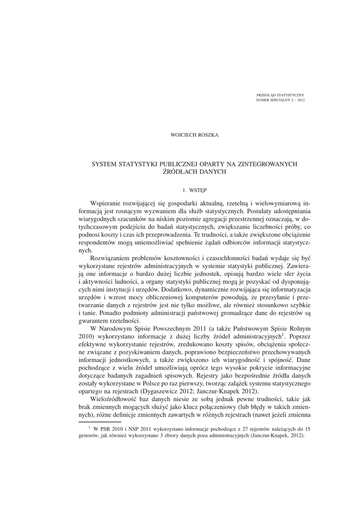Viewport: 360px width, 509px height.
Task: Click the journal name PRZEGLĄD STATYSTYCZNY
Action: (x=280, y=94)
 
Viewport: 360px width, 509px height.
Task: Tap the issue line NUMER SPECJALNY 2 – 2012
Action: (x=280, y=100)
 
